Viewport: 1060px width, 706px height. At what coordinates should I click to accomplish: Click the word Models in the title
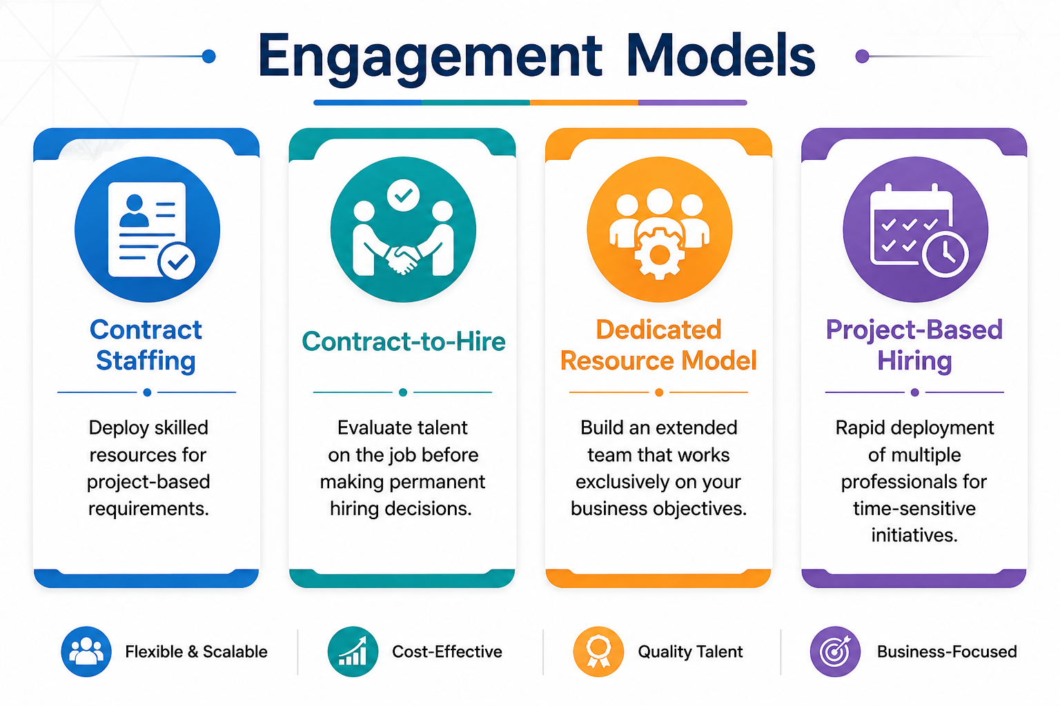(721, 55)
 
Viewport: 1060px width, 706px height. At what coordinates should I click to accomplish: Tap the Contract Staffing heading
(146, 345)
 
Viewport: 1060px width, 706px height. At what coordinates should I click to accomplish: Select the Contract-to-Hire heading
(404, 341)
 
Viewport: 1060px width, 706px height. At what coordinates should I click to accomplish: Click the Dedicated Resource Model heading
(659, 345)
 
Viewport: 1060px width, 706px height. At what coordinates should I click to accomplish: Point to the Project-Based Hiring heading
(914, 345)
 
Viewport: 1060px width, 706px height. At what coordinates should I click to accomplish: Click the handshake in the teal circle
(403, 259)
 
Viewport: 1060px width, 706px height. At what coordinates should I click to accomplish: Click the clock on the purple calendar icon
(945, 254)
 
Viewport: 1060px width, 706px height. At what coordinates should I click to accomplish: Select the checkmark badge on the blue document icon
(177, 261)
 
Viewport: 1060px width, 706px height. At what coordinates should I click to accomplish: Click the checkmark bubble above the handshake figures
(403, 195)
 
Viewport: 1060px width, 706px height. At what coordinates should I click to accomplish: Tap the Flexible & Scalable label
(197, 652)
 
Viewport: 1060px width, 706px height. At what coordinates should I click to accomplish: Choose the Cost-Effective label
(447, 652)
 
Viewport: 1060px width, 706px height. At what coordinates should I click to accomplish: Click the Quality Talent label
(690, 652)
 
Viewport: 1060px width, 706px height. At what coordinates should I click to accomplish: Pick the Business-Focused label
(947, 652)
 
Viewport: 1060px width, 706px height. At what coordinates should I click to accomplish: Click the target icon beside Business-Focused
(835, 652)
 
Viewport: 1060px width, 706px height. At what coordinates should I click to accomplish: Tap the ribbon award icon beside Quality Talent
(598, 652)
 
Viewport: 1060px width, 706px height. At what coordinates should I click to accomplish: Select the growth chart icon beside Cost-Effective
(353, 652)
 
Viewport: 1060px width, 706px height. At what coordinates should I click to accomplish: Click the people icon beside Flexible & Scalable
(86, 652)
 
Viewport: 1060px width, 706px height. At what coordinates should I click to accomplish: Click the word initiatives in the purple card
(914, 535)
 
